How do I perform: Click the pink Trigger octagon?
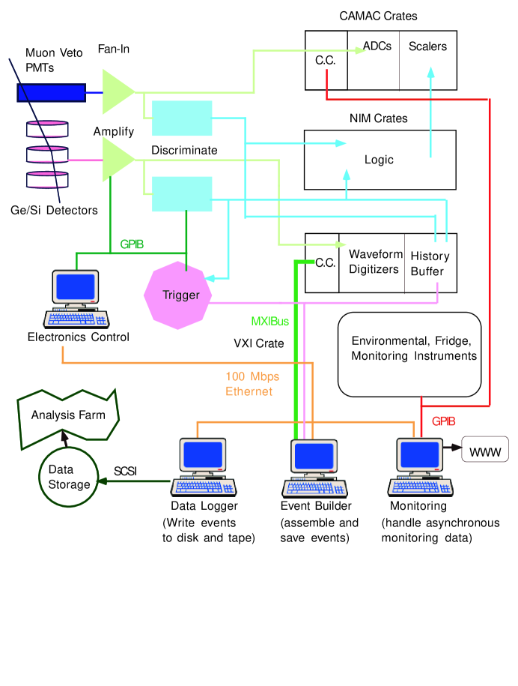(177, 295)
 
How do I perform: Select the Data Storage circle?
(69, 478)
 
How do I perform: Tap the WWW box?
(485, 449)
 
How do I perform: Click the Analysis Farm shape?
(67, 418)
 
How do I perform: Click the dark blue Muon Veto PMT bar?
(51, 93)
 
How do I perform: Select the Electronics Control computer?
(76, 299)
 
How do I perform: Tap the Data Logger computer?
(204, 467)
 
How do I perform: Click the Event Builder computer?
(314, 469)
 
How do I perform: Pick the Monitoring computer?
(420, 467)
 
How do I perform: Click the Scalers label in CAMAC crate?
(427, 46)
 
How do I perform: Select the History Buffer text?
(430, 264)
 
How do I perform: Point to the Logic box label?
(379, 160)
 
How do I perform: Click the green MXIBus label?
(270, 322)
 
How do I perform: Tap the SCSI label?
(125, 471)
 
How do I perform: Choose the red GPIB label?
(444, 421)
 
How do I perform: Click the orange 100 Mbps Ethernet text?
(252, 384)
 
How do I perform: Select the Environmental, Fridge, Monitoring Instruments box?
(409, 355)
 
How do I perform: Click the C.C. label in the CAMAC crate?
(326, 61)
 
